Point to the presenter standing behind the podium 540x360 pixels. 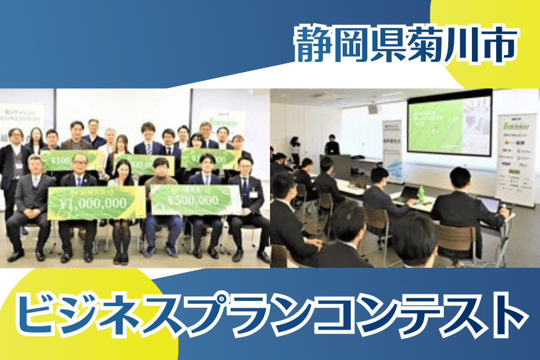332,145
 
